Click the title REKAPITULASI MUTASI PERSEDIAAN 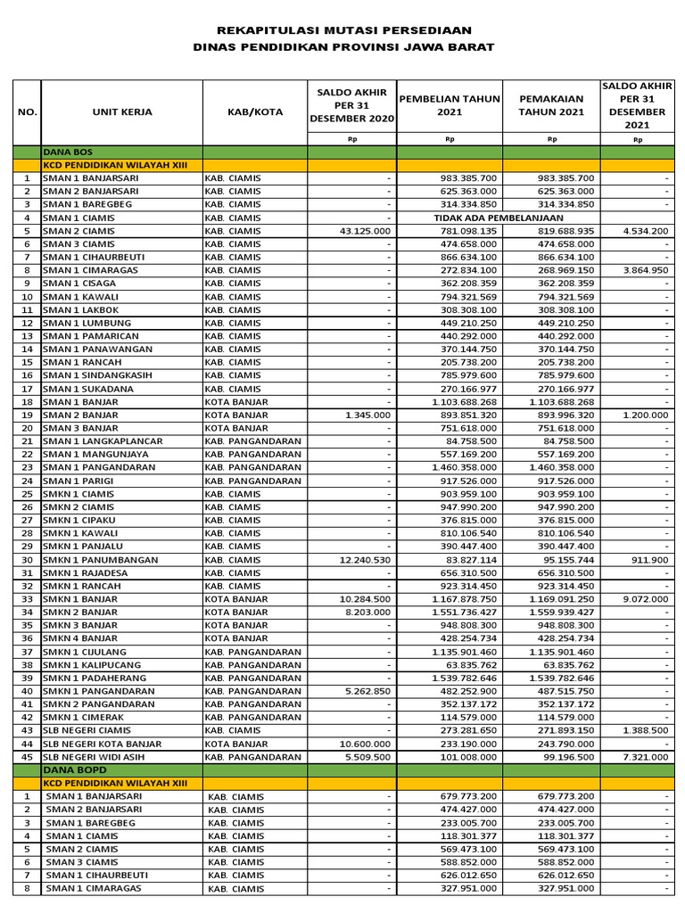[x=343, y=30]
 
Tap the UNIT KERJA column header [x=122, y=111]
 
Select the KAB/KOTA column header [x=254, y=111]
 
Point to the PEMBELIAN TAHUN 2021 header [x=450, y=105]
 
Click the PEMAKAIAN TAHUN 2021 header [x=551, y=105]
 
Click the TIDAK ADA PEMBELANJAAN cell [x=498, y=218]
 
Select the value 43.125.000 [x=366, y=231]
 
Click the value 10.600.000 [x=366, y=744]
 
